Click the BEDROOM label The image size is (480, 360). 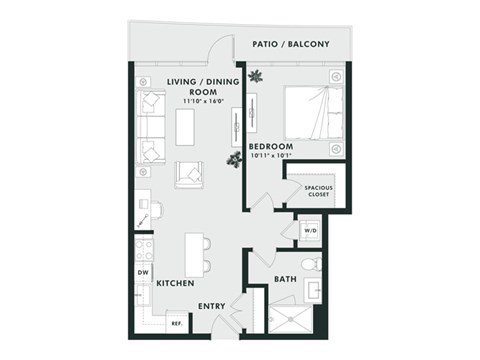(x=270, y=147)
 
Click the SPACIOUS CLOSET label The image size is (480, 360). (x=319, y=191)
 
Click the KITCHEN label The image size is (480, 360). (x=175, y=284)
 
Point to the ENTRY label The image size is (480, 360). (x=210, y=307)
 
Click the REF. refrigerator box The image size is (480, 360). (x=175, y=323)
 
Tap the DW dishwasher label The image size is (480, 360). (x=141, y=272)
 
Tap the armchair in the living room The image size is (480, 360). (x=188, y=175)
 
